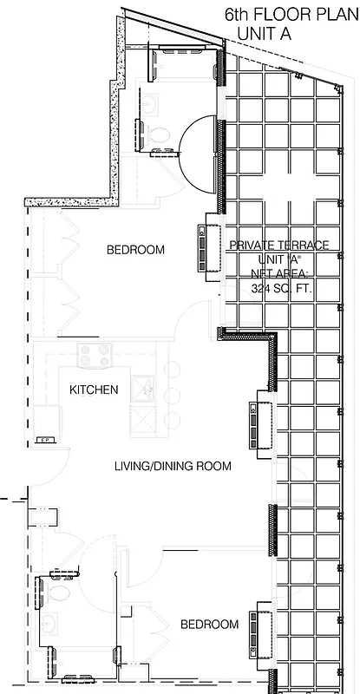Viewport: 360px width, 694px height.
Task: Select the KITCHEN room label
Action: click(x=94, y=390)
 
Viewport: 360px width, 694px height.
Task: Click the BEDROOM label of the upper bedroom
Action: click(x=135, y=250)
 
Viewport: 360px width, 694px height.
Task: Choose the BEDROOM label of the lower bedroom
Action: click(x=209, y=624)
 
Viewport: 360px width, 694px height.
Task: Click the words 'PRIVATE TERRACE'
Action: click(x=278, y=246)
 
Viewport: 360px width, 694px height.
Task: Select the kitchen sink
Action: click(x=143, y=387)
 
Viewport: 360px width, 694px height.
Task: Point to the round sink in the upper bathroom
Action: click(x=153, y=103)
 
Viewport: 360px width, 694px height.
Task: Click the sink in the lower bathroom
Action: click(x=49, y=624)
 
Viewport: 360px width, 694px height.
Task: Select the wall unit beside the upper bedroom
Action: click(x=207, y=246)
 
